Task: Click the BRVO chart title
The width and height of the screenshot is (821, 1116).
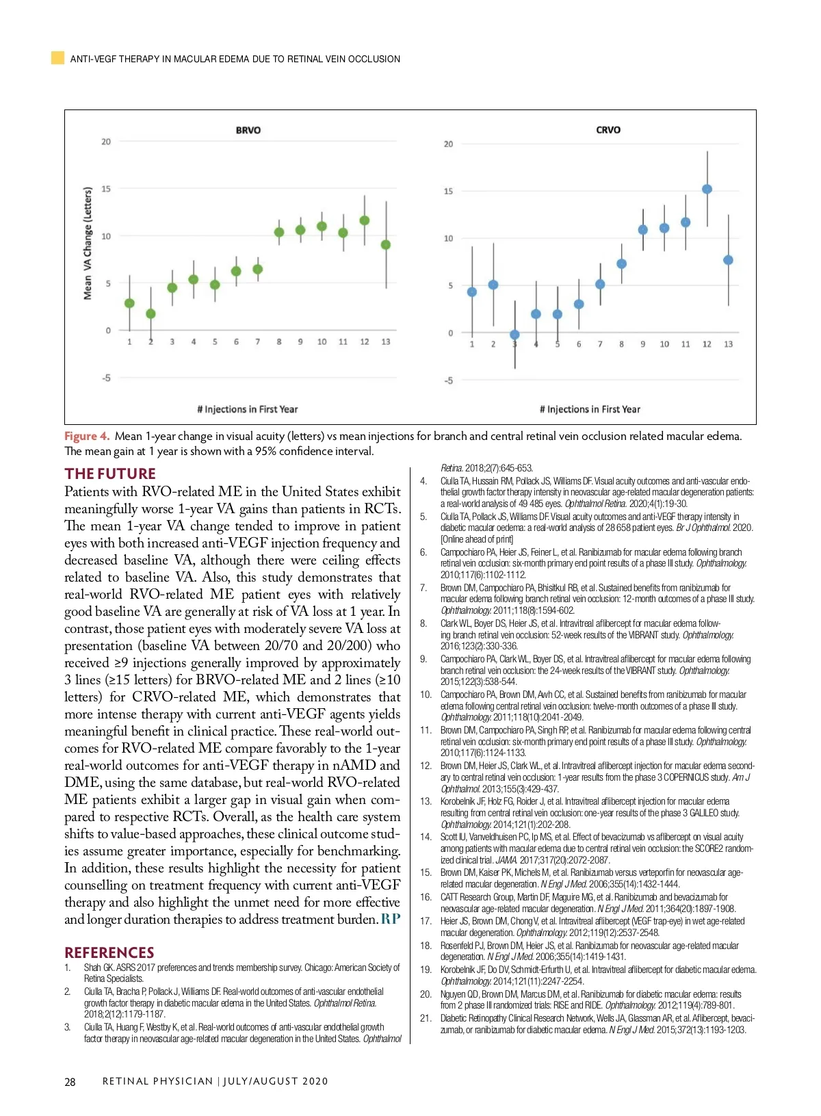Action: [248, 130]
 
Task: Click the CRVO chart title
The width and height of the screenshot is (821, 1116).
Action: [608, 129]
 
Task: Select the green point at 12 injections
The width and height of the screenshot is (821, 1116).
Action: [365, 220]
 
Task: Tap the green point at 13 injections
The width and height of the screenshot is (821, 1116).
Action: [386, 244]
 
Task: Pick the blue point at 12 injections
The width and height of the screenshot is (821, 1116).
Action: [707, 189]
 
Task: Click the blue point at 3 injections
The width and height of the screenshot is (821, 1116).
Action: [514, 335]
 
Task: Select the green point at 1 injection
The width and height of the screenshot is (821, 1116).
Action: [129, 303]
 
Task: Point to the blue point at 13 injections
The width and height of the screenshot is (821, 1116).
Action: [728, 260]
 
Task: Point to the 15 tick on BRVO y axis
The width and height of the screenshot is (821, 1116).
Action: [106, 189]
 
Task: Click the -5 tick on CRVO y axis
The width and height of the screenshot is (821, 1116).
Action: [448, 380]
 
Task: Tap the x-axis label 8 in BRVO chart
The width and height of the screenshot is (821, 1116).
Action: [279, 341]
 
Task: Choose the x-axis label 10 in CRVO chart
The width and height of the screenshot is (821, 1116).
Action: [664, 344]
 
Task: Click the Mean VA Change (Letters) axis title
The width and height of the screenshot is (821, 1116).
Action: [88, 243]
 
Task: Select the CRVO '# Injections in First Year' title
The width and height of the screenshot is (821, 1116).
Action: [590, 409]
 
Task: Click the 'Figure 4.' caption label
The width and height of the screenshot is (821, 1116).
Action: [87, 436]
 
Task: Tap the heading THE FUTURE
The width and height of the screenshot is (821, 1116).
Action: [110, 473]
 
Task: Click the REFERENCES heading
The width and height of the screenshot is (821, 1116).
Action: [109, 952]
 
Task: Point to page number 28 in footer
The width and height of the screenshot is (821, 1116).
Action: [70, 1082]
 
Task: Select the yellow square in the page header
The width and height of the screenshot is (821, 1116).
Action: [58, 58]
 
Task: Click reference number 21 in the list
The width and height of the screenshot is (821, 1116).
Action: [426, 1018]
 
